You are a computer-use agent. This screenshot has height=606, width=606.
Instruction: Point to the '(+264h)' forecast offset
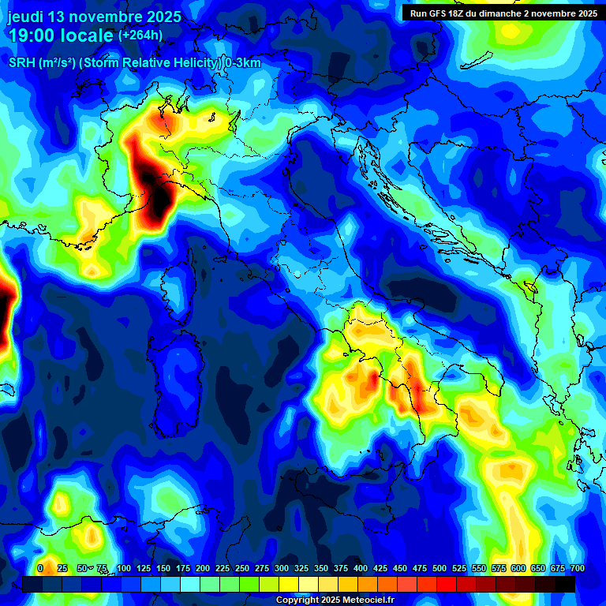click(140, 35)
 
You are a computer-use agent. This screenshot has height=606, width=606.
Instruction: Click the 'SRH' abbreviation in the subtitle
click(22, 63)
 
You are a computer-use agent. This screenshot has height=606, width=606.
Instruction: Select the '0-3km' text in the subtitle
click(242, 63)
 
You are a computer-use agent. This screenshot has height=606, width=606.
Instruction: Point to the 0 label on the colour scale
click(40, 568)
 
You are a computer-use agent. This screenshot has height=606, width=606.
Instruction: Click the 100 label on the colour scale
click(123, 568)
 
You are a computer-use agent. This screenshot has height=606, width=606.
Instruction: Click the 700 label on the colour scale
click(577, 568)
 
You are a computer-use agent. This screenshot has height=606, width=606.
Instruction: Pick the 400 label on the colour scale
click(361, 568)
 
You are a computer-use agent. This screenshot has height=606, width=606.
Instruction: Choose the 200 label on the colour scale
click(203, 568)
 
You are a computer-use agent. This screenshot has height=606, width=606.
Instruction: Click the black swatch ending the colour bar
click(565, 584)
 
